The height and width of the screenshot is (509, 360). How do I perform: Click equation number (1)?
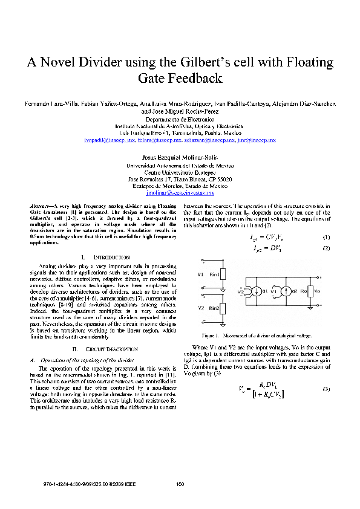click(326, 237)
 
